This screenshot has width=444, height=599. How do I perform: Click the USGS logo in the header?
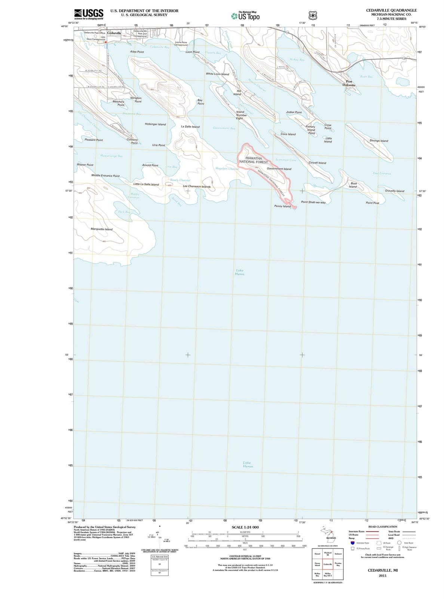point(89,14)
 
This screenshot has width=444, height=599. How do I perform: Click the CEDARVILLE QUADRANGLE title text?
point(391,10)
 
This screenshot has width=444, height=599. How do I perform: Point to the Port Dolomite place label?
point(349,83)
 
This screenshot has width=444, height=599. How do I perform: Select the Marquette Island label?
point(101,229)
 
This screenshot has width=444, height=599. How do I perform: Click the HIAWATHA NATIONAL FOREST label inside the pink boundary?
point(253,160)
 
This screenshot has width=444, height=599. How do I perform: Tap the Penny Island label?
point(282,206)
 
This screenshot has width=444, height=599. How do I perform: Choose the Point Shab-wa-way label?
point(313,202)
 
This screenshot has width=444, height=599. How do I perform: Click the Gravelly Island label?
point(395,191)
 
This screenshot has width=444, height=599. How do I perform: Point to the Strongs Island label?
point(379,141)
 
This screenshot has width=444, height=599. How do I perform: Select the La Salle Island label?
point(190,127)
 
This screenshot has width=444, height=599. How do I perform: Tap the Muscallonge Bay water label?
point(111,156)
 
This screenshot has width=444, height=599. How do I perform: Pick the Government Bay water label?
point(224,128)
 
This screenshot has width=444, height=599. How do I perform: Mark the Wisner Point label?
point(85,165)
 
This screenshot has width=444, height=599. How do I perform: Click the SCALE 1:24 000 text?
point(245,527)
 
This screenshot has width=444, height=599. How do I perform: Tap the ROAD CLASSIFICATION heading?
point(383,526)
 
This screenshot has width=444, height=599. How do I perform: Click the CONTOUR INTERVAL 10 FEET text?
point(245,556)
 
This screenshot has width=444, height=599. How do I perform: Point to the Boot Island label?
point(353,185)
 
